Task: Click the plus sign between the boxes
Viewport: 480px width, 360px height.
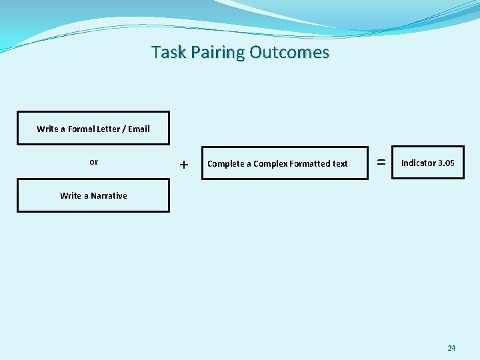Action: (x=184, y=164)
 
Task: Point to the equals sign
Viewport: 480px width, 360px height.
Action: (x=381, y=162)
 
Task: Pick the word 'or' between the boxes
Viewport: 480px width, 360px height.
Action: (x=93, y=162)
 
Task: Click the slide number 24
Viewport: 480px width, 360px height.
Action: (x=451, y=348)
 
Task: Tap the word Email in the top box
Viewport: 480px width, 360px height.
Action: (x=139, y=129)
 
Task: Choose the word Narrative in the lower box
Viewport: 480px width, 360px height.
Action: (x=109, y=195)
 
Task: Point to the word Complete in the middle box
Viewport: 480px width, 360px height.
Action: (x=225, y=163)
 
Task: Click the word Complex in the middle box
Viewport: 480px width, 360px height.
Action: (x=270, y=163)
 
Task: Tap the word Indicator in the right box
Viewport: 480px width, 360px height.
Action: (x=418, y=163)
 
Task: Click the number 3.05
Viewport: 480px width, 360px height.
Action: (x=447, y=163)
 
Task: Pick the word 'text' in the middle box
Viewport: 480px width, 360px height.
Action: (x=340, y=163)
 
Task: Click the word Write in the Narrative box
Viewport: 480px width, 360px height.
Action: (x=71, y=195)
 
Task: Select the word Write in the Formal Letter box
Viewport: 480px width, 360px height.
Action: (x=47, y=129)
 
